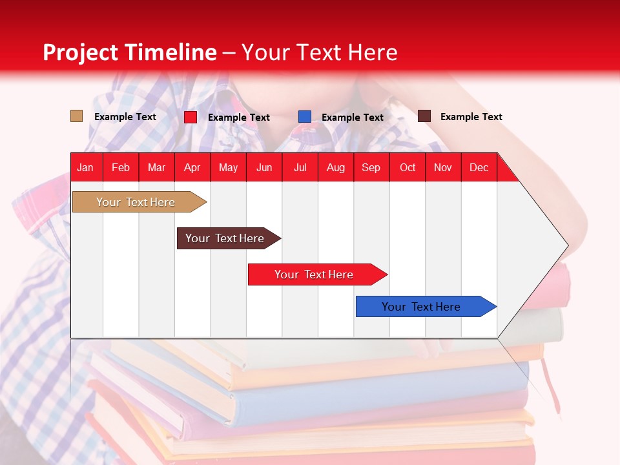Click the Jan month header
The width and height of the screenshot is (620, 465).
click(85, 168)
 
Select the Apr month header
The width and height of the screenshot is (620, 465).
click(192, 168)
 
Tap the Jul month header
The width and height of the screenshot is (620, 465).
click(300, 168)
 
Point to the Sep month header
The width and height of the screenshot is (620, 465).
click(371, 168)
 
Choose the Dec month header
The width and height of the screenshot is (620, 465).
click(479, 168)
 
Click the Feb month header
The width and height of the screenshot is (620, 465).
click(121, 168)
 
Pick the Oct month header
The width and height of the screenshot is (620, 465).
click(408, 168)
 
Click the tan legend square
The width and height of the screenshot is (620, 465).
click(77, 116)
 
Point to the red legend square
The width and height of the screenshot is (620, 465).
click(191, 117)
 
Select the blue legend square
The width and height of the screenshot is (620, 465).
click(305, 117)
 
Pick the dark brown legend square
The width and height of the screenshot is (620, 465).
click(424, 116)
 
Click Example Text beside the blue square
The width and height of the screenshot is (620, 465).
click(353, 118)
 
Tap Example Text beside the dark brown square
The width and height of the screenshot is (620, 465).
click(471, 117)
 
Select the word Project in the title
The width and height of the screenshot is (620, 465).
click(81, 52)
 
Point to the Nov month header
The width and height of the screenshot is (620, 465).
click(443, 168)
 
